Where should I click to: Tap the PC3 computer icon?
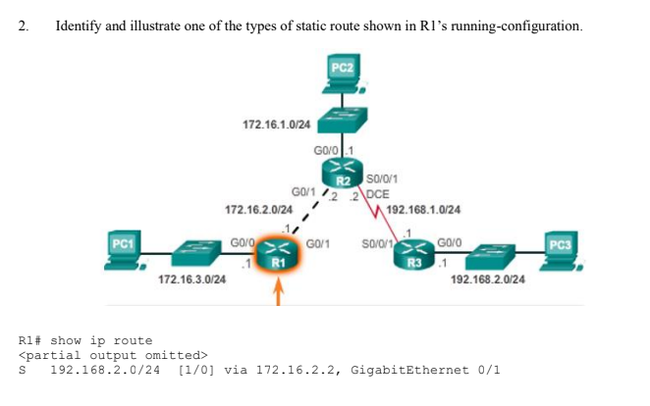coord(561,252)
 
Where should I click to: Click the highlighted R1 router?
coord(278,255)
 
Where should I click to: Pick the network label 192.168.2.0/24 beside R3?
coord(487,279)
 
